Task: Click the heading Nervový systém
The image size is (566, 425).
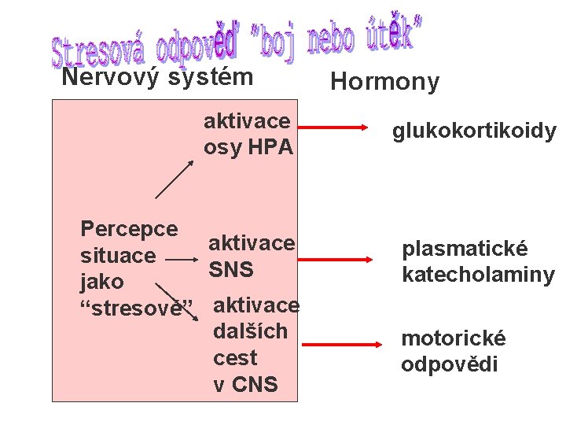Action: [157, 77]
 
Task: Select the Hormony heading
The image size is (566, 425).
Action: [384, 82]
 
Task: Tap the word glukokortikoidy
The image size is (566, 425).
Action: [474, 131]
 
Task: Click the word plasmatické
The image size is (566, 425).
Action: [465, 249]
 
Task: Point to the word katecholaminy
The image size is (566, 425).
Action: [478, 275]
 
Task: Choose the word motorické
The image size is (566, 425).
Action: [454, 338]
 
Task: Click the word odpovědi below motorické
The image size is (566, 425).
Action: [449, 364]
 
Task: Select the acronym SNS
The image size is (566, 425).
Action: [230, 269]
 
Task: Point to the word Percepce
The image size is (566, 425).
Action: [129, 228]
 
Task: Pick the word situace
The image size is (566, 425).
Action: [118, 255]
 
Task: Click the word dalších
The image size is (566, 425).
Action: [250, 331]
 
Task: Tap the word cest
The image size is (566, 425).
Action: [235, 357]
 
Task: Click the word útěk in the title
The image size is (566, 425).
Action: [394, 36]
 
